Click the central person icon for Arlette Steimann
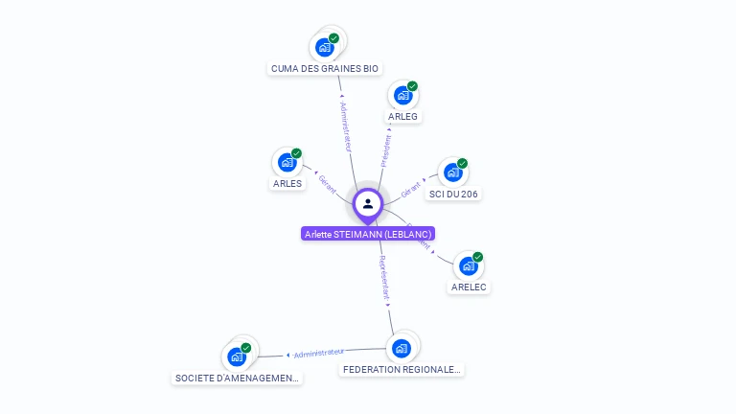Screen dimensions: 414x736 pos(368,203)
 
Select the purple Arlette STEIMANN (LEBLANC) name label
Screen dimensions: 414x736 pos(368,234)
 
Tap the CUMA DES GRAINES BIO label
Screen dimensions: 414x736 pos(325,69)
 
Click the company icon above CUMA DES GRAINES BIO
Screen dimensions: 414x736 pos(325,47)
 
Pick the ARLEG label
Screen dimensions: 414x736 pos(402,117)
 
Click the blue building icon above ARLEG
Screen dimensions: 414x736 pos(402,95)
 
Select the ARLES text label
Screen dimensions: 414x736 pos(287,183)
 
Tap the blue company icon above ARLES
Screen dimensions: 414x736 pos(287,162)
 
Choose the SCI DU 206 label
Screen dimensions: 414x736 pos(453,194)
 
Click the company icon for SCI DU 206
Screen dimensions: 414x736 pos(452,172)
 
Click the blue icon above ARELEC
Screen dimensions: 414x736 pos(468,265)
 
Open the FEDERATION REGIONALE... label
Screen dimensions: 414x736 pos(402,369)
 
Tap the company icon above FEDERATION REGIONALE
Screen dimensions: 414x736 pos(402,348)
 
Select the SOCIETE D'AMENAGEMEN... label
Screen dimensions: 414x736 pos(237,379)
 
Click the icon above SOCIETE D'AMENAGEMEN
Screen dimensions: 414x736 pos(236,357)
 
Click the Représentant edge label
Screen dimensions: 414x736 pos(383,278)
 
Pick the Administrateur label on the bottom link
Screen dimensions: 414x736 pos(318,353)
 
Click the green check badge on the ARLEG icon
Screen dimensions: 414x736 pos(412,86)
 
